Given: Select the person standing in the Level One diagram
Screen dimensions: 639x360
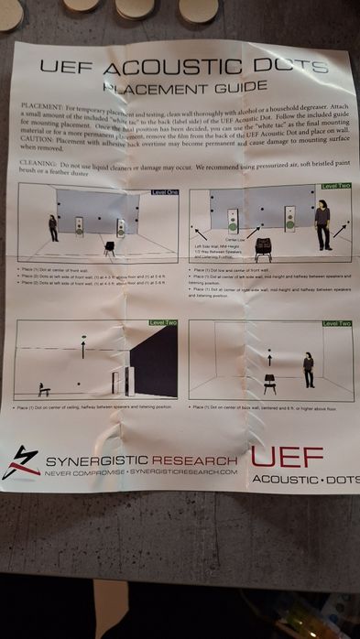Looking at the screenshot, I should (54, 228).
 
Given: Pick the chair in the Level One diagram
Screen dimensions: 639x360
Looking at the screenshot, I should (109, 246).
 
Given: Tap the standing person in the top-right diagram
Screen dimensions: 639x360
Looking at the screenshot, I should (322, 226).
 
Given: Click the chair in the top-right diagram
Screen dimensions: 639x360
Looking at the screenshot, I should (264, 247).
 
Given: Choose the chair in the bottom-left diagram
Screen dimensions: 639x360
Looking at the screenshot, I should (43, 389).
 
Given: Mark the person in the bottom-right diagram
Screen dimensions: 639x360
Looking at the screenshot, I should (309, 370).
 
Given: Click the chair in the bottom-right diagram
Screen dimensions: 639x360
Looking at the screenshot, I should (270, 384).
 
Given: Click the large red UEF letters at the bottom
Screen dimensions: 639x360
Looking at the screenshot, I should (287, 457).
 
